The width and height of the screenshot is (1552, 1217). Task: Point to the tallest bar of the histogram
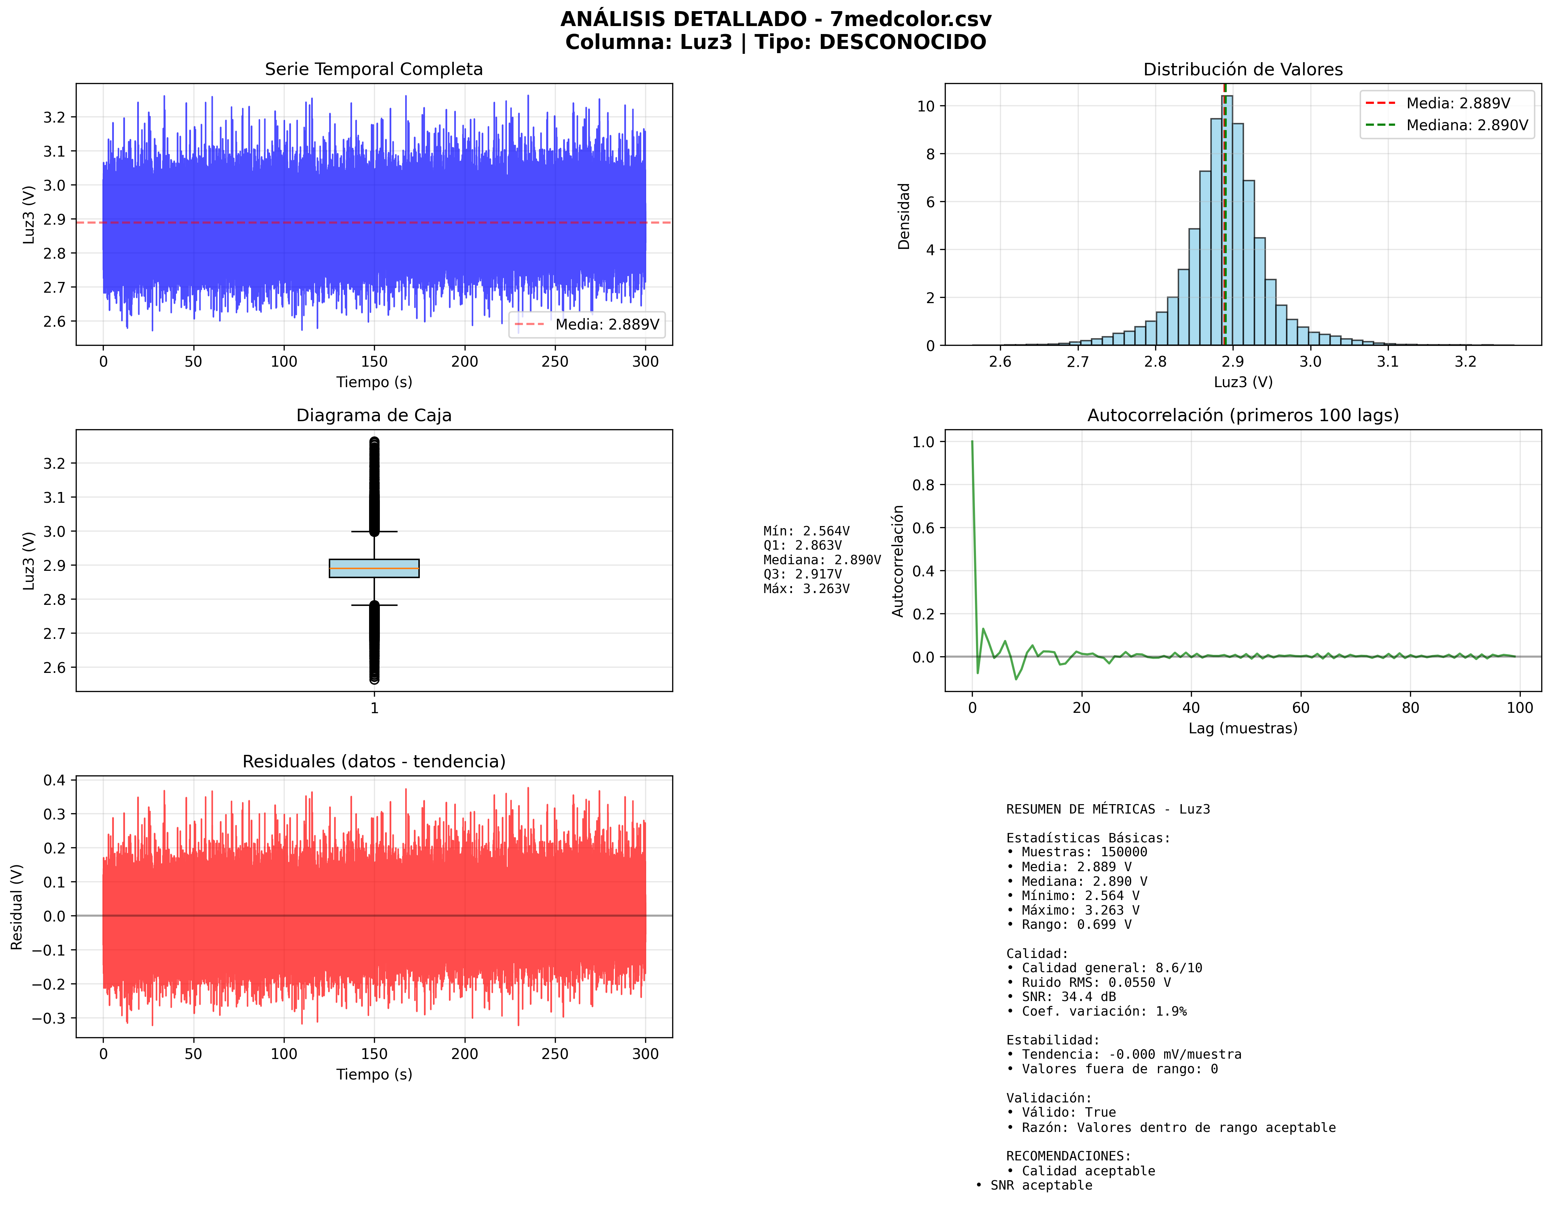click(1227, 221)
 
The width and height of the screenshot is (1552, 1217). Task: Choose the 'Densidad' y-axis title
click(903, 216)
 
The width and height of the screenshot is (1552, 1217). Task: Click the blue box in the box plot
click(374, 568)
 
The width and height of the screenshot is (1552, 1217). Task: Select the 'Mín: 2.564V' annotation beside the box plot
click(806, 531)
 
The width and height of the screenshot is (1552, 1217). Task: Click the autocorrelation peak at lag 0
click(972, 442)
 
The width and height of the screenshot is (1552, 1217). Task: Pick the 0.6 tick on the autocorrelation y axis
click(924, 528)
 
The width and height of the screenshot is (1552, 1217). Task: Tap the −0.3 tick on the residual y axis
click(49, 1018)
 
